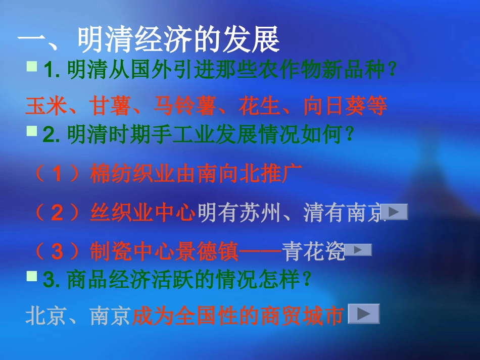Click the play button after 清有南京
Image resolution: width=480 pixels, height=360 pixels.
click(x=394, y=212)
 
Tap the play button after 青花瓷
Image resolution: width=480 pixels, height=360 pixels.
click(x=358, y=250)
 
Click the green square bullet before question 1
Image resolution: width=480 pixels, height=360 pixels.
click(x=32, y=66)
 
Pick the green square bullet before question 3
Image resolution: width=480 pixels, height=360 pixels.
click(x=32, y=276)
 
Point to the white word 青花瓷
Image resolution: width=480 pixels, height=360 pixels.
click(x=314, y=251)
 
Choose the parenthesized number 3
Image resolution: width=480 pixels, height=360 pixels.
click(x=58, y=251)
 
